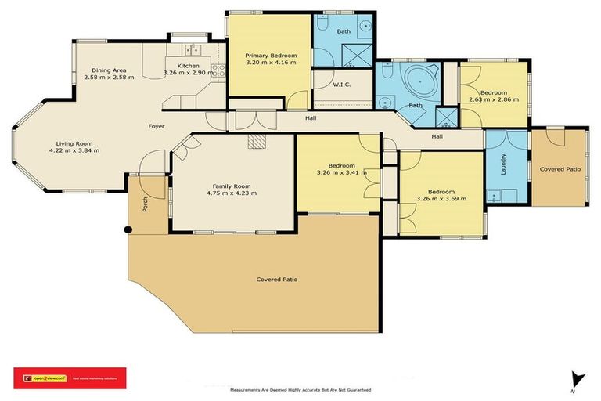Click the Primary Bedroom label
click(271, 56)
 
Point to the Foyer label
click(157, 126)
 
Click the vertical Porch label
click(145, 205)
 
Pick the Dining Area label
click(109, 69)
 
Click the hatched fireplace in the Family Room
click(256, 142)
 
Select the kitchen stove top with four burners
click(221, 72)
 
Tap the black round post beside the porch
click(129, 229)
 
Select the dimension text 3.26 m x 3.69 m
click(441, 199)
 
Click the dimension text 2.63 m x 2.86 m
click(494, 100)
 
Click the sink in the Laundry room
click(495, 193)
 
